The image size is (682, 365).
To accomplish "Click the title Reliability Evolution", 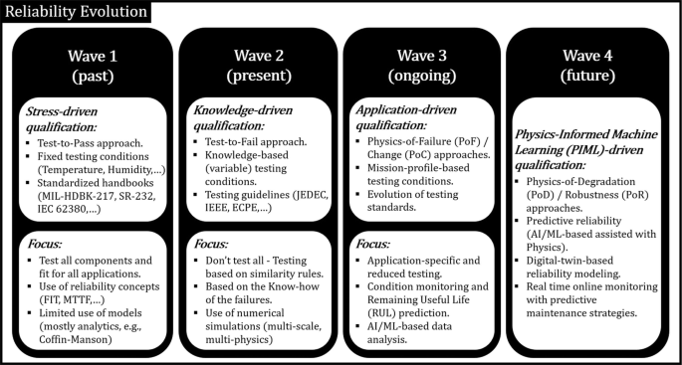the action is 76,13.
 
